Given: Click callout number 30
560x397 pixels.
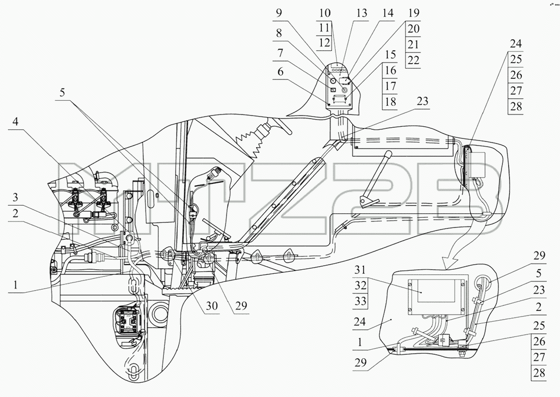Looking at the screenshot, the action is (x=212, y=306).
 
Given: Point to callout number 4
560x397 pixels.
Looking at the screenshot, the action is (x=15, y=122).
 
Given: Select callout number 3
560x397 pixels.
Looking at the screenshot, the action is (x=15, y=197).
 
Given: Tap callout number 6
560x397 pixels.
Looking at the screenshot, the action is (x=281, y=72).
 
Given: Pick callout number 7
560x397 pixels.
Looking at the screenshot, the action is (x=281, y=53).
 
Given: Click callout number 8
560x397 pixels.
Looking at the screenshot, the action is (x=279, y=33).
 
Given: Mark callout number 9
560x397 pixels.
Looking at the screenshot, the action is (x=279, y=13).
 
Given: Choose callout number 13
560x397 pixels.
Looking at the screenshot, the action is (x=362, y=13).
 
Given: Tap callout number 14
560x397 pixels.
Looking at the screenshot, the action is (x=387, y=13).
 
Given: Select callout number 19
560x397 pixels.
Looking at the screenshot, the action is (x=413, y=13).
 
